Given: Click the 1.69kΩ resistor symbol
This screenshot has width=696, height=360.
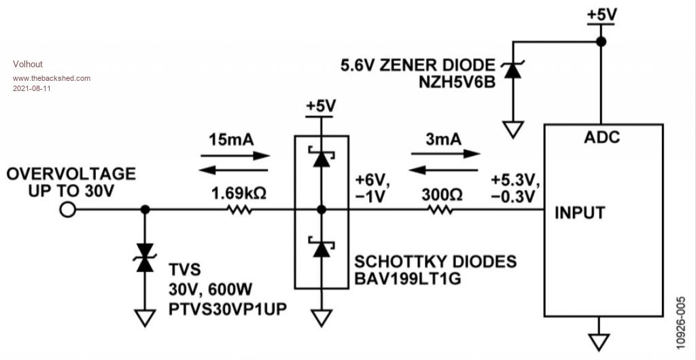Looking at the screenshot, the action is [x=240, y=210].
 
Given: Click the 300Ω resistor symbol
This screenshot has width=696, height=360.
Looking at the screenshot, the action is [x=440, y=210].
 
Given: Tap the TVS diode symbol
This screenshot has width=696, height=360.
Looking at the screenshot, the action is [x=145, y=257].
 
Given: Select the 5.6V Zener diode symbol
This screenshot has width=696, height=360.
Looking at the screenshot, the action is [x=512, y=71].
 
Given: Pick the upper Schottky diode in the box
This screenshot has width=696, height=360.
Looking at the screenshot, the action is [x=321, y=158].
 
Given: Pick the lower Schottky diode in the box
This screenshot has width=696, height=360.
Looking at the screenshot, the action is [x=321, y=247].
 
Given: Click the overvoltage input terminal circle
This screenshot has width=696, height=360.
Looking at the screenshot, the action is [x=67, y=210].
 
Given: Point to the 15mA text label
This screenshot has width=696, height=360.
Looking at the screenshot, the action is [x=232, y=140].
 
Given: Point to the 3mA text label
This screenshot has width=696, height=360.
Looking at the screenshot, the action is [x=443, y=139].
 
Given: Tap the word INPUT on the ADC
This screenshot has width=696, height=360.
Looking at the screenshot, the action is [x=580, y=213].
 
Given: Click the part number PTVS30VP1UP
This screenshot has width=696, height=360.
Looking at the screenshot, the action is [x=228, y=309].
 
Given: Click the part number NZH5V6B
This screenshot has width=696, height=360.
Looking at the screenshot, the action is [x=457, y=83].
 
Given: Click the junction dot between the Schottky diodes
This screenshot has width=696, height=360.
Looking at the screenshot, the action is [x=321, y=210].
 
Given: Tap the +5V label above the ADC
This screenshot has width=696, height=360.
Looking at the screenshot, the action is [x=602, y=14].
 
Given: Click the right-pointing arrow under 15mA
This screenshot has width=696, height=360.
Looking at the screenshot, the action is [x=235, y=156].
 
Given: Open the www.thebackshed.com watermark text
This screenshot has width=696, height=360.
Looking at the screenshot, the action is [x=52, y=79].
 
